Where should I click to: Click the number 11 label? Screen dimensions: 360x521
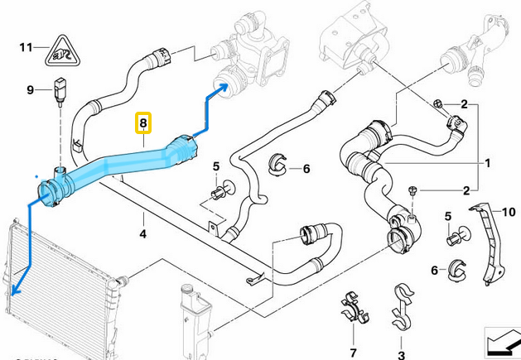pos(25,46)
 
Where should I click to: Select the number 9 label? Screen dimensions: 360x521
pos(30,89)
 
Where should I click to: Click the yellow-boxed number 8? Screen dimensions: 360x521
pos(143,124)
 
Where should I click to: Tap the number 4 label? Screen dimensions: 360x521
pos(143,234)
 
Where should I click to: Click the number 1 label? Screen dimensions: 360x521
pos(488,162)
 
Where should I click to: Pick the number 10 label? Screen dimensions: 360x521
pos(509,213)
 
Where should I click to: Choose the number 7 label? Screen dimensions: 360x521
pos(352,353)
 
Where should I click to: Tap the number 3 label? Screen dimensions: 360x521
pos(402,354)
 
